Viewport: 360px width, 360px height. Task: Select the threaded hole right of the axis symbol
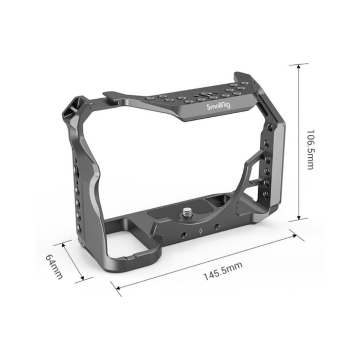217,226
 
